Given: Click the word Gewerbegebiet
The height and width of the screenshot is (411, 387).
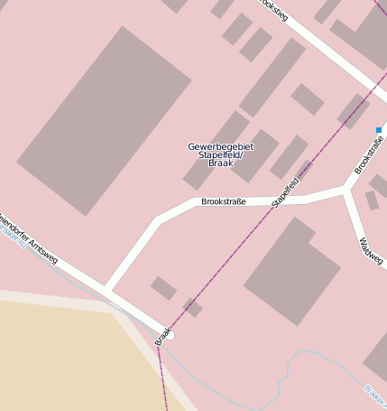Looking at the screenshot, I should [x=221, y=146].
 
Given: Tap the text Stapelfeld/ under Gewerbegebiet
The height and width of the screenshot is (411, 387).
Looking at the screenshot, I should [x=221, y=155].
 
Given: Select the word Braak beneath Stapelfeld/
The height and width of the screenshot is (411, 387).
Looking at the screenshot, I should [x=221, y=164].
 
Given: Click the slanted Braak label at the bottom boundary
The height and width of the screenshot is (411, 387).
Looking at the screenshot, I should [x=162, y=335].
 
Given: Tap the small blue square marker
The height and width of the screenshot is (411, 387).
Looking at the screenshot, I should [x=379, y=130].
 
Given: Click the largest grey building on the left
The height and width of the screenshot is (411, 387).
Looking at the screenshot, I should [x=104, y=120].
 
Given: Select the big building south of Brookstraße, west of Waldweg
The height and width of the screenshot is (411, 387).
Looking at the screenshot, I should [x=290, y=270].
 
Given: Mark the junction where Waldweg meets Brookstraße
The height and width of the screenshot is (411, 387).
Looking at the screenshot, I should [x=346, y=191].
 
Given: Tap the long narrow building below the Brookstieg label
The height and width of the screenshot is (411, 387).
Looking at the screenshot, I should [x=272, y=78].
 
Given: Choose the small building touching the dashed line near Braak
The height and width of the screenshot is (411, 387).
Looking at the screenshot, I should [x=192, y=307].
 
